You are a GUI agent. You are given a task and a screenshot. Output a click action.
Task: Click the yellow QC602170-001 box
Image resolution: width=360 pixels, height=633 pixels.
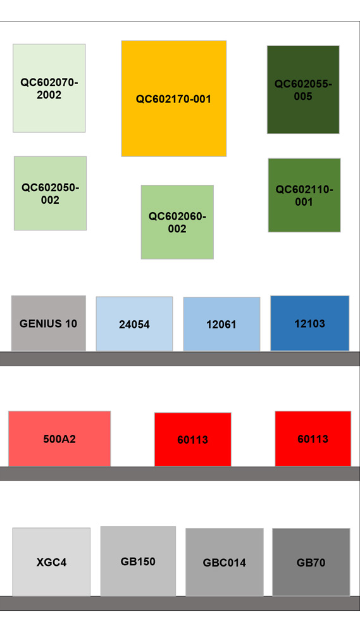174,99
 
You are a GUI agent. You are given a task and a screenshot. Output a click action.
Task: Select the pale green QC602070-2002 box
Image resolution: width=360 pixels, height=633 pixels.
49,88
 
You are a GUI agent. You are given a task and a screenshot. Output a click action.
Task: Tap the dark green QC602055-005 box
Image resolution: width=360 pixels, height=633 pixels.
303,90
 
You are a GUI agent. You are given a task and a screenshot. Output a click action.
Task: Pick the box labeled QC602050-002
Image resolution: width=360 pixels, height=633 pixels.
51,193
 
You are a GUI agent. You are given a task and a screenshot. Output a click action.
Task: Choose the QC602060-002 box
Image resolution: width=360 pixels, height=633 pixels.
177,222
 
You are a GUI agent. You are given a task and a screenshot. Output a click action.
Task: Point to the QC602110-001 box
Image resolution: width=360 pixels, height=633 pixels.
304,196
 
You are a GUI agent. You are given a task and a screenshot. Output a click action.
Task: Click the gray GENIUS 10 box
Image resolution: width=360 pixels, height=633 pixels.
49,323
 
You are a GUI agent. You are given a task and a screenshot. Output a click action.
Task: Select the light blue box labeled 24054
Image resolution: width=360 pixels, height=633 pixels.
134,324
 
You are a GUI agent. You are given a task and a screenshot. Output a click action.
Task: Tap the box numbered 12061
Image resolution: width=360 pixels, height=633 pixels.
221,324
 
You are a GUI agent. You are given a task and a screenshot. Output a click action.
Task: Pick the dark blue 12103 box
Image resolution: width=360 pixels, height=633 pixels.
310,323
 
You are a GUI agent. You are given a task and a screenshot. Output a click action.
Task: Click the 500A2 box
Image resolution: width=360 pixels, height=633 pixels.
59,439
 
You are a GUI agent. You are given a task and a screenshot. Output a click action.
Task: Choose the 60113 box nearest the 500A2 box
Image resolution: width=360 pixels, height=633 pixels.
193,440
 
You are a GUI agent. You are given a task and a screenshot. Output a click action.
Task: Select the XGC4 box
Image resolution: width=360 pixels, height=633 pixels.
51,562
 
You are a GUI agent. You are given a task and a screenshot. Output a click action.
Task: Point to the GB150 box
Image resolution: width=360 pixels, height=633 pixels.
138,561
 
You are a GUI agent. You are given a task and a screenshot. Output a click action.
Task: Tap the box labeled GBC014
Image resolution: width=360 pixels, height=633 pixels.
225,562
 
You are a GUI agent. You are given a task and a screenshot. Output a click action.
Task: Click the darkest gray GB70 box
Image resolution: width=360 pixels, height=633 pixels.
311,562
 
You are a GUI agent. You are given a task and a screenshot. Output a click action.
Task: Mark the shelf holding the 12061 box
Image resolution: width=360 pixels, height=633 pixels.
180,358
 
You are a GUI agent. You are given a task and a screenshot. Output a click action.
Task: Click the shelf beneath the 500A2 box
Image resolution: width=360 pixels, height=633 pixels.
180,474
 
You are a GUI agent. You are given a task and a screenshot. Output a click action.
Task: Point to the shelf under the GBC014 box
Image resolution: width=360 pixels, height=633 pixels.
180,603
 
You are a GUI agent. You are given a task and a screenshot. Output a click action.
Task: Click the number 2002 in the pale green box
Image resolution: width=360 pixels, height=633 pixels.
49,95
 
